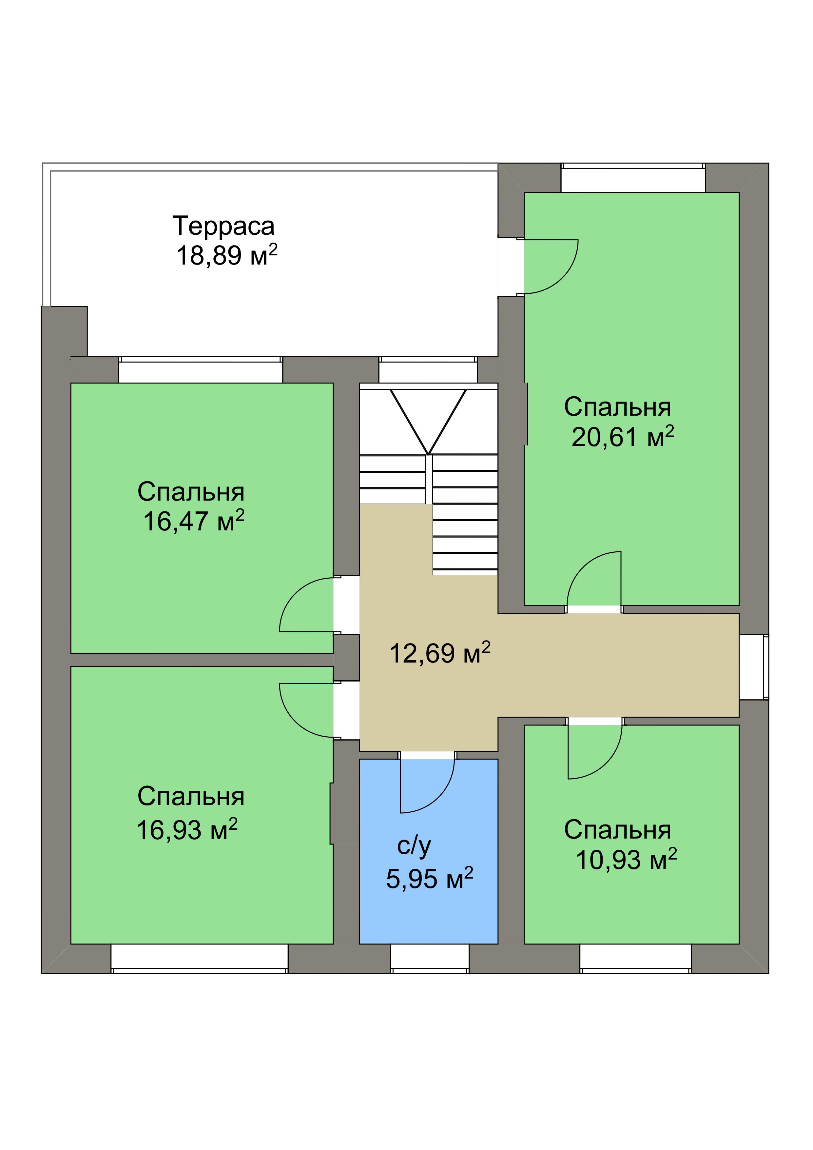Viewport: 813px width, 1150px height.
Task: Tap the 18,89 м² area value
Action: pos(226,255)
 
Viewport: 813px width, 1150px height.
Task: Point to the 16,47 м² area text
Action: pos(194,521)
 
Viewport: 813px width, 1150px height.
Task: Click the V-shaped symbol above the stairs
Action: pos(428,422)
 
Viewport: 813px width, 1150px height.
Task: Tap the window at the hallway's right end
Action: pos(754,667)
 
